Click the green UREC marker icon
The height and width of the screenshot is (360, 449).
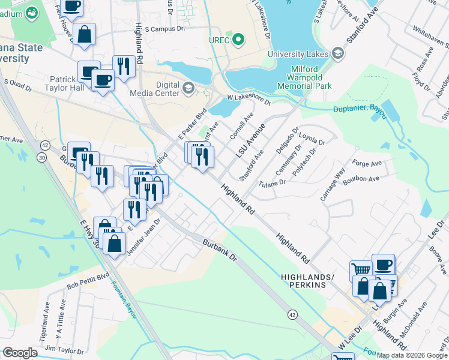[x=238, y=40]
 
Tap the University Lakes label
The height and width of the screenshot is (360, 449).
[x=298, y=54]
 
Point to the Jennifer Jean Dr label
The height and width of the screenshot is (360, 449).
[x=142, y=239]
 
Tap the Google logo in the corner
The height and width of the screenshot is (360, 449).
[x=20, y=353]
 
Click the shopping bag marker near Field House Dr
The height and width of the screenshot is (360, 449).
[x=85, y=35]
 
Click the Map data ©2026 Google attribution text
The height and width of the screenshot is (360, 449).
[x=412, y=355]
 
